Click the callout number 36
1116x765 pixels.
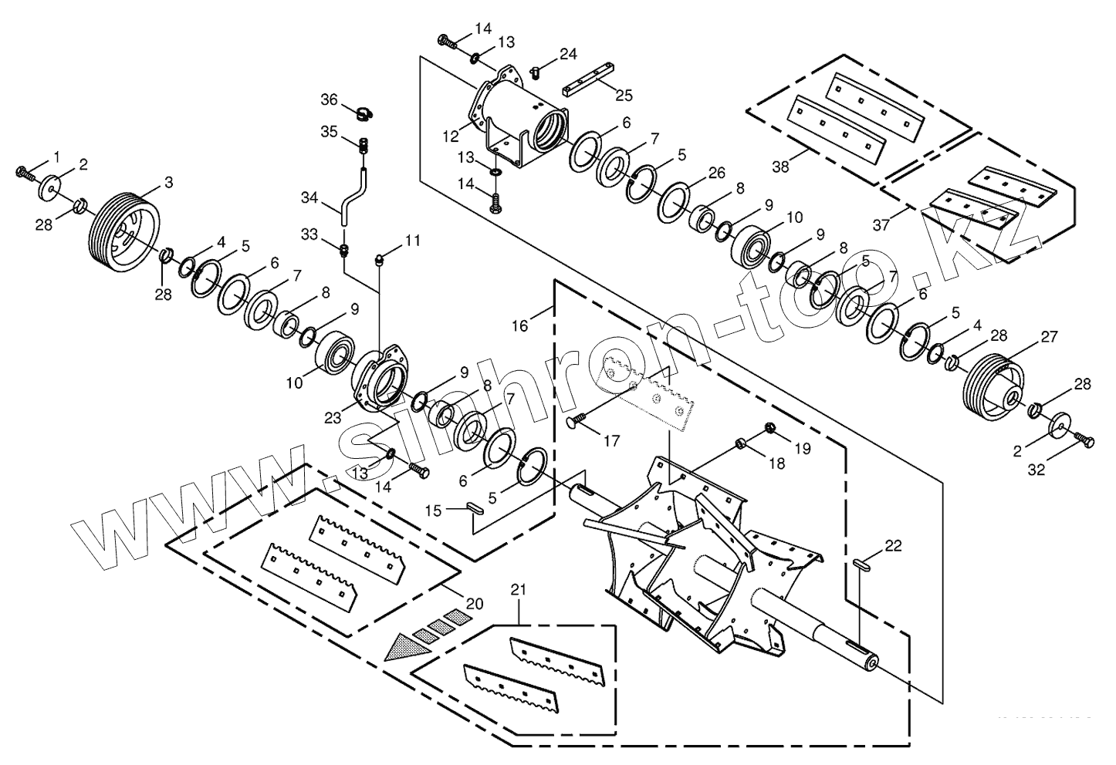(330, 99)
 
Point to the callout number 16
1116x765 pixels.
(519, 325)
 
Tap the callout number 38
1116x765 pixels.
(780, 165)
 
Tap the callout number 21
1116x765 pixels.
(519, 590)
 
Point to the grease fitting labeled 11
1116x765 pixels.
(380, 258)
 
